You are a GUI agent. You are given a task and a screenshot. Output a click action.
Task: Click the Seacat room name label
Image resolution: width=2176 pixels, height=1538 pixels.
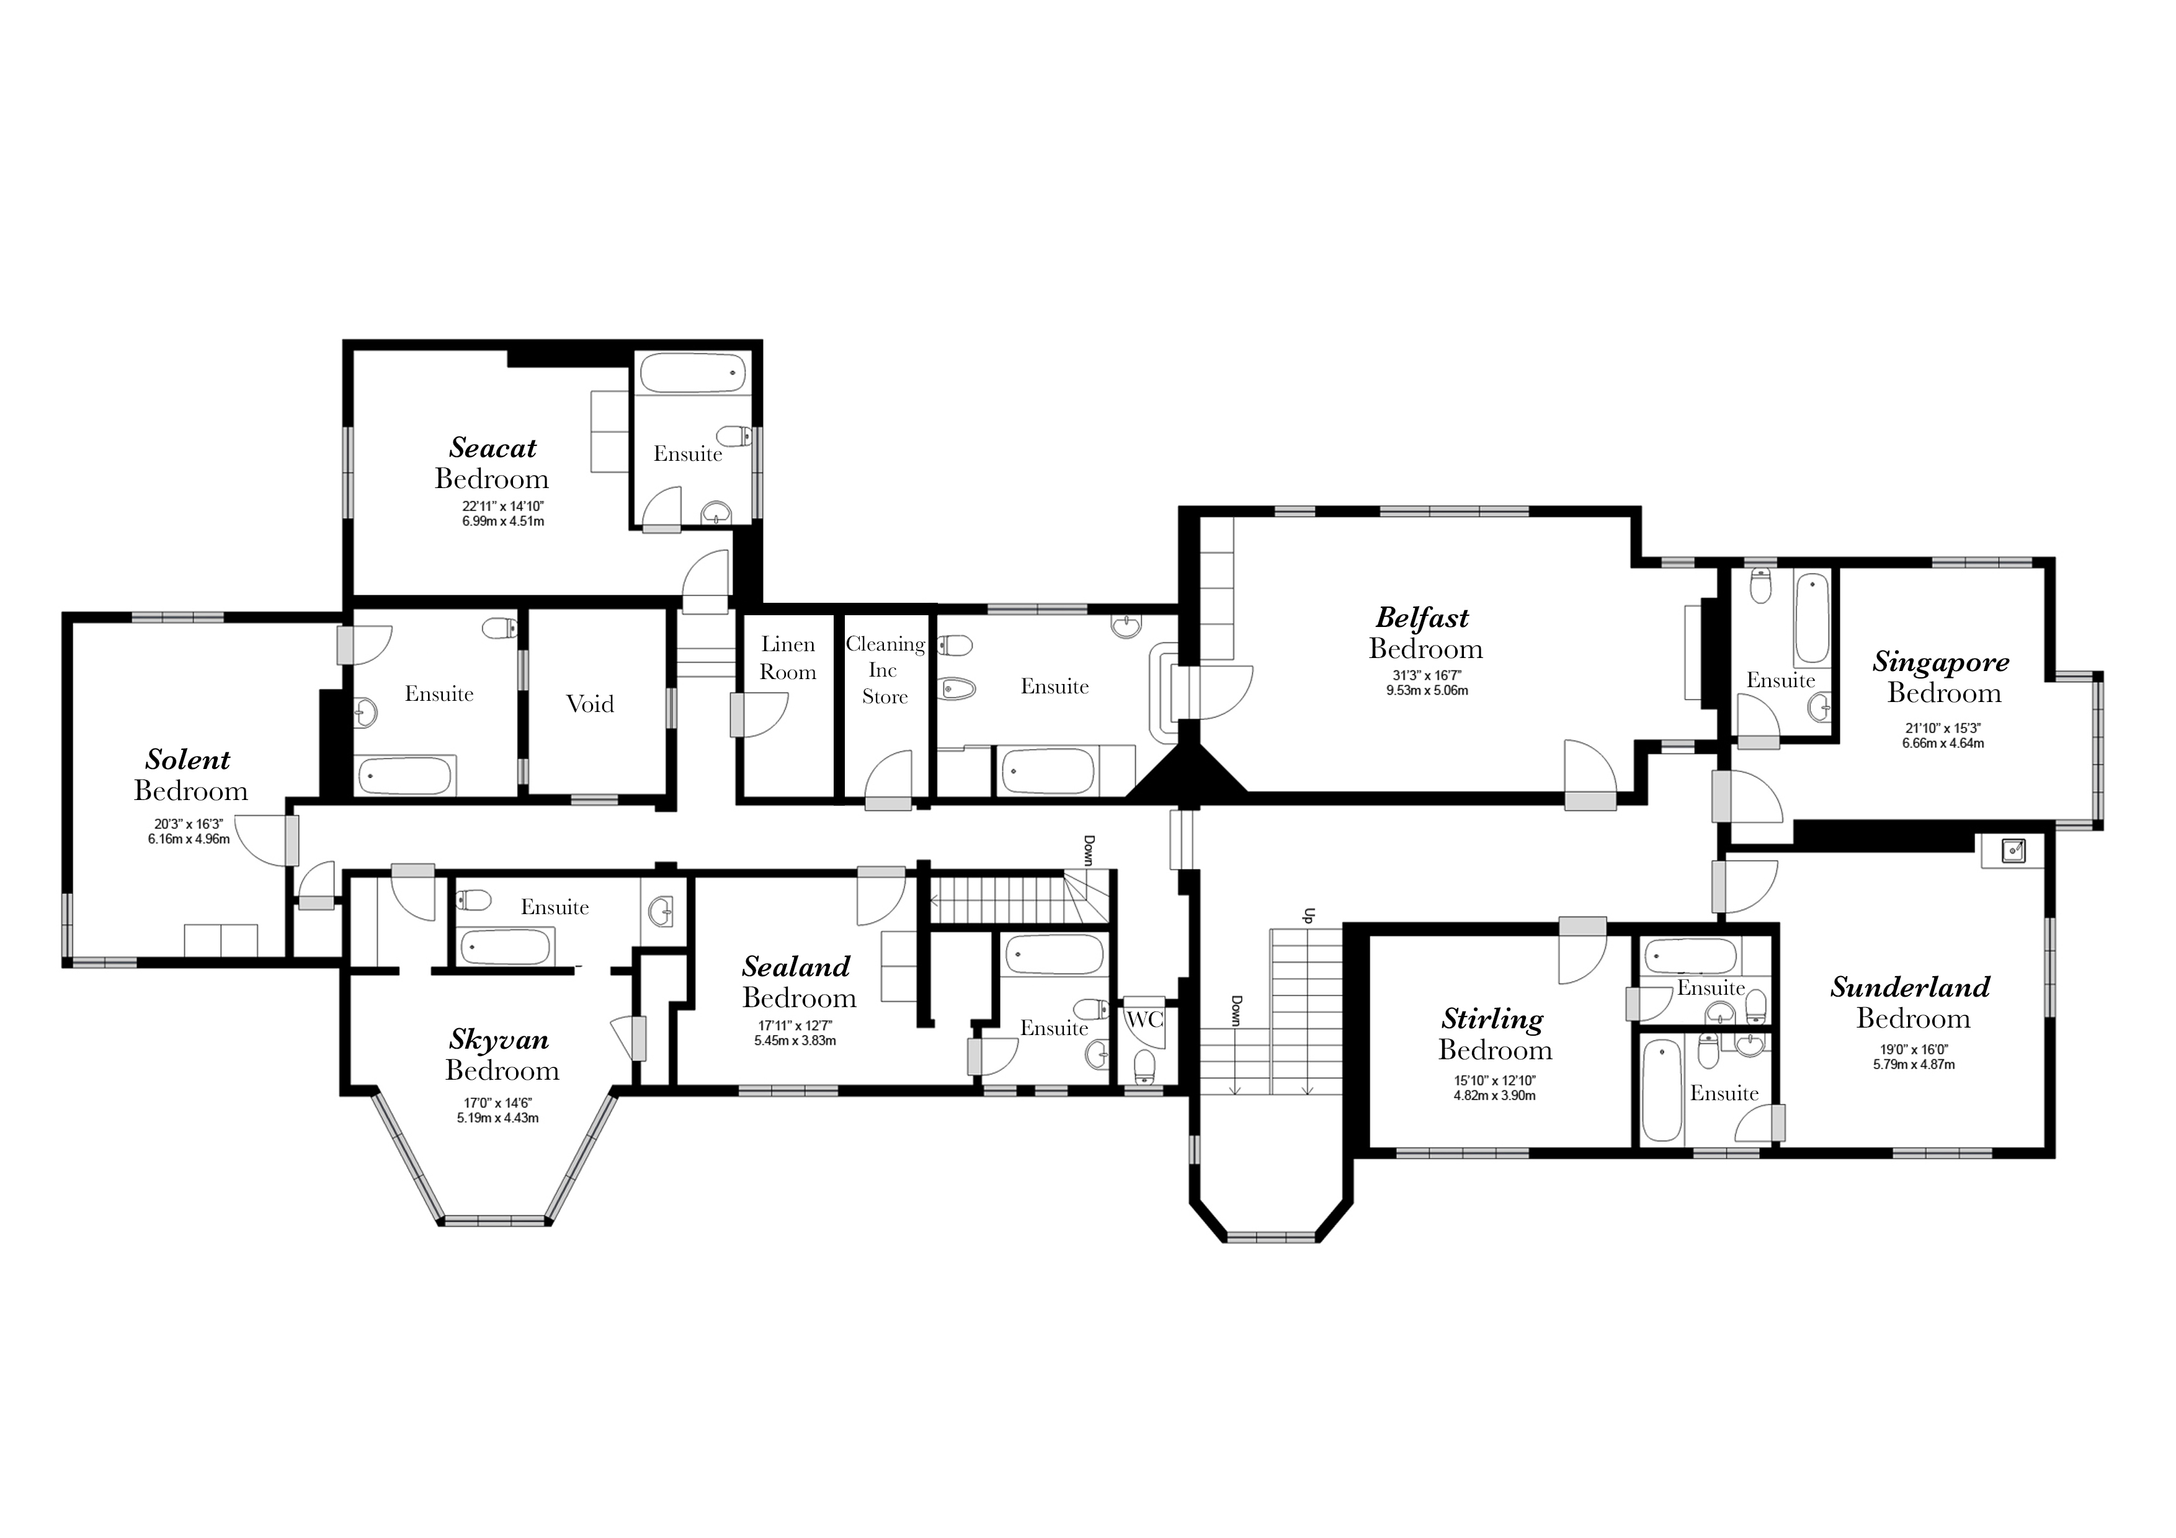[x=493, y=447]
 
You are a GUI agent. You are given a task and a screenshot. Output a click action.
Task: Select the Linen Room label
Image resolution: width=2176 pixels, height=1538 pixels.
[x=788, y=657]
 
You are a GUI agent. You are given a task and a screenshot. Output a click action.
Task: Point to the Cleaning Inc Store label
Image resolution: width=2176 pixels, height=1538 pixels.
[x=885, y=670]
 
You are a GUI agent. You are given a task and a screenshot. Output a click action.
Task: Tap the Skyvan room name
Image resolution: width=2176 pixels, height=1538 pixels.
[x=499, y=1039]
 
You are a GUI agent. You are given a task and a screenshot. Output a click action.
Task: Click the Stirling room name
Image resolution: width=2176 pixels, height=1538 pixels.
[x=1492, y=1020]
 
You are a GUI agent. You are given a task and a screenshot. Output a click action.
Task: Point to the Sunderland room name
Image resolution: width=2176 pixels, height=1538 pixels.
[x=1911, y=987]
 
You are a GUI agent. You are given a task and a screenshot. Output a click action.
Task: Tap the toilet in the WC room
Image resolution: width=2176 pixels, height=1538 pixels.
[x=1145, y=1065]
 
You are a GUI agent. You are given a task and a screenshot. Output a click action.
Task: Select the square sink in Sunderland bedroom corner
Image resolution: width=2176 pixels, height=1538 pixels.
[x=2012, y=850]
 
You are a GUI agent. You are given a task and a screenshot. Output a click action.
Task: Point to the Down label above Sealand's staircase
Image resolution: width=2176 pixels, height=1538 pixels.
[x=1089, y=850]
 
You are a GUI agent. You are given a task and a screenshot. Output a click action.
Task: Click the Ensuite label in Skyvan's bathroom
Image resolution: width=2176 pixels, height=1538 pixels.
[x=555, y=907]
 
